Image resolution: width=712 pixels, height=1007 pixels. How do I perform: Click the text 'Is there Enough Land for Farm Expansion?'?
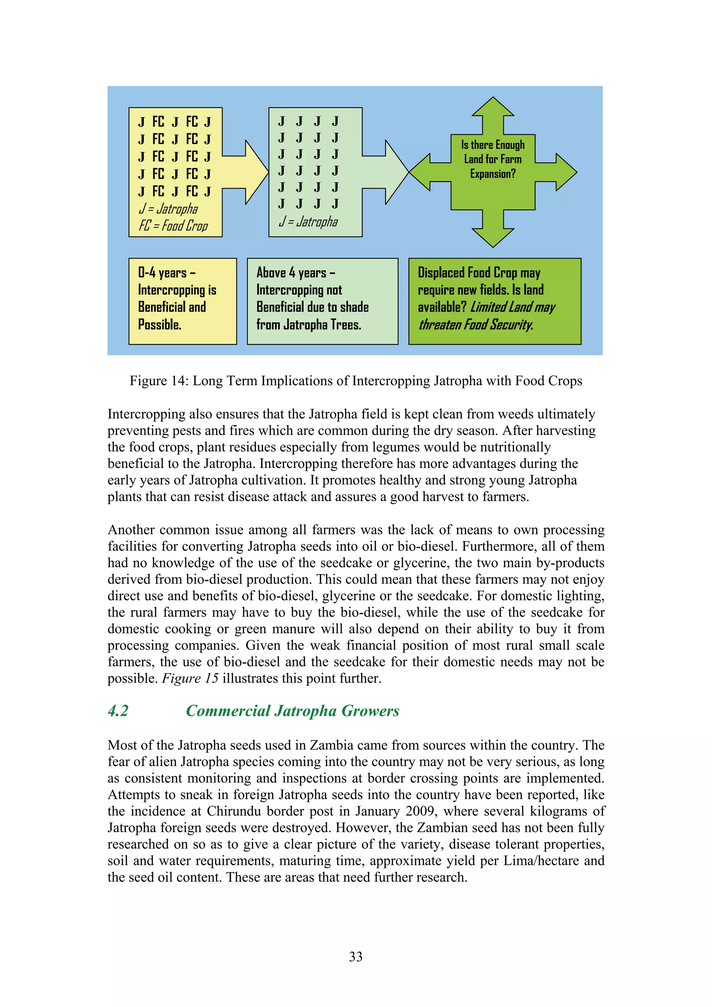[x=493, y=159]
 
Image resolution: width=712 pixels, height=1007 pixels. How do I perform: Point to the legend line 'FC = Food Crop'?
[x=173, y=226]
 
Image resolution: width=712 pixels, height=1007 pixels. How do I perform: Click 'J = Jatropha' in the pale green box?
[x=308, y=221]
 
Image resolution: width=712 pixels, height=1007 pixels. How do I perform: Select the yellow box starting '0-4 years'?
[x=183, y=301]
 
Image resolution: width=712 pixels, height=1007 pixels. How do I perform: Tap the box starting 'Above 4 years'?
[x=322, y=301]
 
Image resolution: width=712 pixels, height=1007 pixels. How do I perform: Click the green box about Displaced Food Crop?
[x=494, y=301]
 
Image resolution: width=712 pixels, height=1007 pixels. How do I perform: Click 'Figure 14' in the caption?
[x=159, y=381]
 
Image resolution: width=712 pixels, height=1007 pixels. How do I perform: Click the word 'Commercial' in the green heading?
[x=228, y=711]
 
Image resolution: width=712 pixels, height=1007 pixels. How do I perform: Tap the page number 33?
[x=356, y=957]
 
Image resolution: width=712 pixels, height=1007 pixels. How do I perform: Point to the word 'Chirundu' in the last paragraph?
[x=231, y=811]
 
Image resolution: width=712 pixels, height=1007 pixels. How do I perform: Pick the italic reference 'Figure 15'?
[x=190, y=679]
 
